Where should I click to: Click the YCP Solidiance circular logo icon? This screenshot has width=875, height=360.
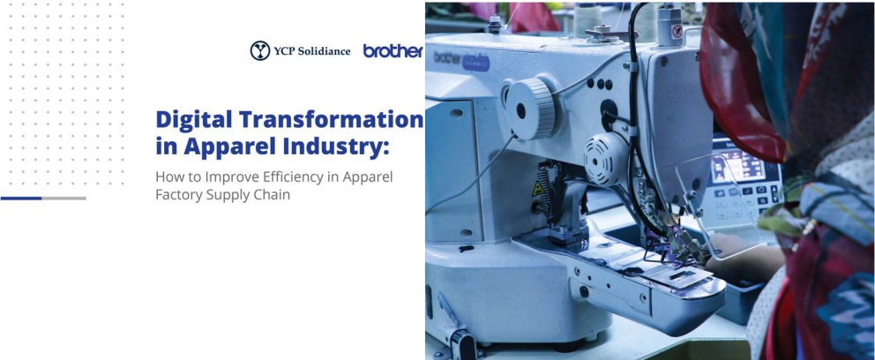coord(260,51)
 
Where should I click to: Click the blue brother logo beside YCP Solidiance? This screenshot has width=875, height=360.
coord(393,51)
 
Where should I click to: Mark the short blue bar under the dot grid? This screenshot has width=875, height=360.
coord(21,199)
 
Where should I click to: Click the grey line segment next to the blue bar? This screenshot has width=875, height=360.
coord(64,199)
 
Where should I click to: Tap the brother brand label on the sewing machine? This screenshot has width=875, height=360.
coord(461,60)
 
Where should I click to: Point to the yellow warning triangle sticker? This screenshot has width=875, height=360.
coord(537,188)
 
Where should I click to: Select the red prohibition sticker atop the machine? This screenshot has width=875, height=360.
coord(677,31)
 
